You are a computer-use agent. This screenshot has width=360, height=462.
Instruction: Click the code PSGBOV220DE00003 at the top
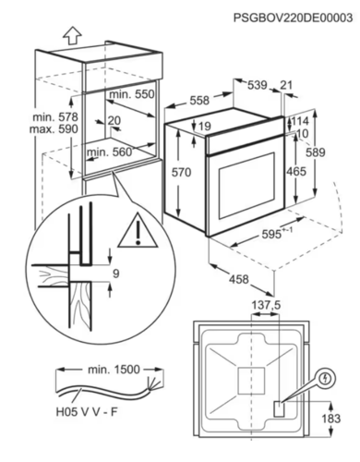tap(293, 18)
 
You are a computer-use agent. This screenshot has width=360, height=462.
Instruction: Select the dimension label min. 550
tap(132, 94)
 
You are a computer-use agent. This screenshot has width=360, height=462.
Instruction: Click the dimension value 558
tap(199, 101)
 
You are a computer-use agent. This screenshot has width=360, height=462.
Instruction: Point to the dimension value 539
tap(258, 85)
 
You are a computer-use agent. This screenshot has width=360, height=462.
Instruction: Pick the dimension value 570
tap(181, 173)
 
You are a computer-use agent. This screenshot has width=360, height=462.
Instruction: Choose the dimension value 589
tap(316, 152)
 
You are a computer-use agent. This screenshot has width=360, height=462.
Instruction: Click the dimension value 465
tap(296, 171)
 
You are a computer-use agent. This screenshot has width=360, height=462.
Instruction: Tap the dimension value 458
tap(239, 279)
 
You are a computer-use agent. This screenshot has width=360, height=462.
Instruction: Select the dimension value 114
tap(300, 121)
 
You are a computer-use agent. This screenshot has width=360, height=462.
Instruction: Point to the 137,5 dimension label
tap(266, 305)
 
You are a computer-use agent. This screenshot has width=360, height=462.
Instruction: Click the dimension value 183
tap(331, 419)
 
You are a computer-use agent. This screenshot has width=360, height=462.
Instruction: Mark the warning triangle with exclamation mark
tap(138, 230)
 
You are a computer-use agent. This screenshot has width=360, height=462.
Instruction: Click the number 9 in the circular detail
tap(116, 274)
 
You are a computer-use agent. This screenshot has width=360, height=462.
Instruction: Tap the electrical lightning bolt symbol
tap(326, 378)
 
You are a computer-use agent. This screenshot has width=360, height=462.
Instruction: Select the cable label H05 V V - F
tap(87, 412)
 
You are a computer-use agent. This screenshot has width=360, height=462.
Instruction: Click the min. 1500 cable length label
tap(114, 370)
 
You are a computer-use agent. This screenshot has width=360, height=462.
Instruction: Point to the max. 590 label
tap(54, 128)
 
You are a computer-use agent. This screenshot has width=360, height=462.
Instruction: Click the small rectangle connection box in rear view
tap(279, 409)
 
